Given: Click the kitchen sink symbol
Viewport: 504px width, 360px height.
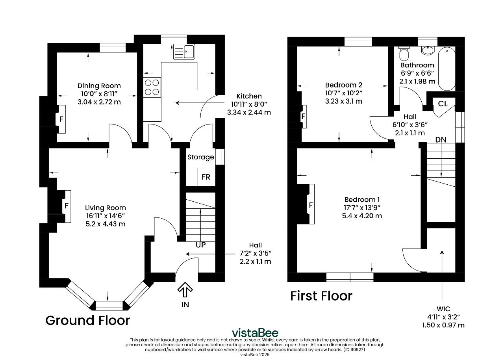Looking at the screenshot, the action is tap(184, 52).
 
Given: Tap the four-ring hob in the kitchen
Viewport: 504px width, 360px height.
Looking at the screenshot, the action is tap(152, 87).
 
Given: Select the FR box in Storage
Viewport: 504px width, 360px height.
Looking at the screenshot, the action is tap(206, 177).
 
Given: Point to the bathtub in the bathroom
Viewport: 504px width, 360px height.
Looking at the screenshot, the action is tap(447, 69).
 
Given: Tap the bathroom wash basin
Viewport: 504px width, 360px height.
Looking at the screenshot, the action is tap(428, 51).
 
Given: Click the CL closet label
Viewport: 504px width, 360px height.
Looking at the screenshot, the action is tap(443, 104).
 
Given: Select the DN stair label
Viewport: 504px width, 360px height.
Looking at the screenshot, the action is tap(441, 140).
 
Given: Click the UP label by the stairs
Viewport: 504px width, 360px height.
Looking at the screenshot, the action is tap(200, 245).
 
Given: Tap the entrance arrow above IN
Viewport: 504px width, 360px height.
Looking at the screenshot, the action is tap(185, 289).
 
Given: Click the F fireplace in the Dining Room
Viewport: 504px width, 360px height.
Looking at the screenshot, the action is tap(61, 119).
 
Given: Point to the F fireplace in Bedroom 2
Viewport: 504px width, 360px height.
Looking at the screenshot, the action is tap(303, 116).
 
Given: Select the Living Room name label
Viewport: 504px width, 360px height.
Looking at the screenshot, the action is tap(105, 208).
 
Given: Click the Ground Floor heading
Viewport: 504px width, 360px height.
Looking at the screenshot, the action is tap(87, 320).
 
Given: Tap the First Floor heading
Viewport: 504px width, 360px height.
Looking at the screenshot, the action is tap(321, 296).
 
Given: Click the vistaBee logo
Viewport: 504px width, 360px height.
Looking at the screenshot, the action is tap(255, 333).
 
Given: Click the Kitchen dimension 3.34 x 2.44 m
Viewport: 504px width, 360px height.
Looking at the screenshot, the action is tap(249, 112).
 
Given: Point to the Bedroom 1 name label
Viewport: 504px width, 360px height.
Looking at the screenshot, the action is tap(362, 200).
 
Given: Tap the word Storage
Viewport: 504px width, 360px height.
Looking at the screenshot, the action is tap(200, 157).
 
